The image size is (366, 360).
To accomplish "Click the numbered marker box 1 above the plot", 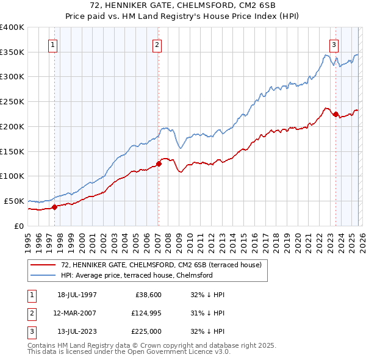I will coord(53,45).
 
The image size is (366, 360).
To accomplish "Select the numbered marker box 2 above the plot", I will coord(157,45).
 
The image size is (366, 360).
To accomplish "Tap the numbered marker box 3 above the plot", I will coord(334,45).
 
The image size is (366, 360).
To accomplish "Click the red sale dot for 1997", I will coord(54,207).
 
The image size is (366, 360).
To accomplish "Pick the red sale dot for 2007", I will coord(159,164).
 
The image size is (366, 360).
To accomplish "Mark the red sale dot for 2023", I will coord(335,114).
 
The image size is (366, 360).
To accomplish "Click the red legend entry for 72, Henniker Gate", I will coord(161,265).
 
